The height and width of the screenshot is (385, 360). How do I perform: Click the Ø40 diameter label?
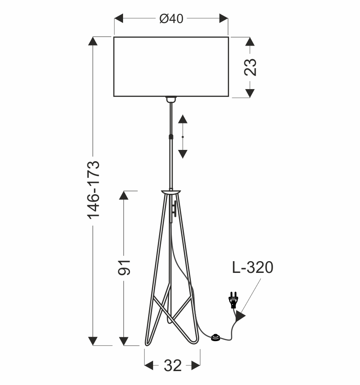171,19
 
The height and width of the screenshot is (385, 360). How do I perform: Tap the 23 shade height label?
250,67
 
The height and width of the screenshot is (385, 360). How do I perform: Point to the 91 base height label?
124,268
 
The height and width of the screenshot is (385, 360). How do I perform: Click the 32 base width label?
172,366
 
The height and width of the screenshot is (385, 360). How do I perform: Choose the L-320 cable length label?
253,268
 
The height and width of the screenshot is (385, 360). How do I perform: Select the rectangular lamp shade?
171,67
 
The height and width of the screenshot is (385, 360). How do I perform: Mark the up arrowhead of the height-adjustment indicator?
183,119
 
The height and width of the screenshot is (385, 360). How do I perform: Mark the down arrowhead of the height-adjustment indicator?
183,153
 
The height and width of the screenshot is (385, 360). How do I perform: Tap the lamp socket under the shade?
171,100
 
